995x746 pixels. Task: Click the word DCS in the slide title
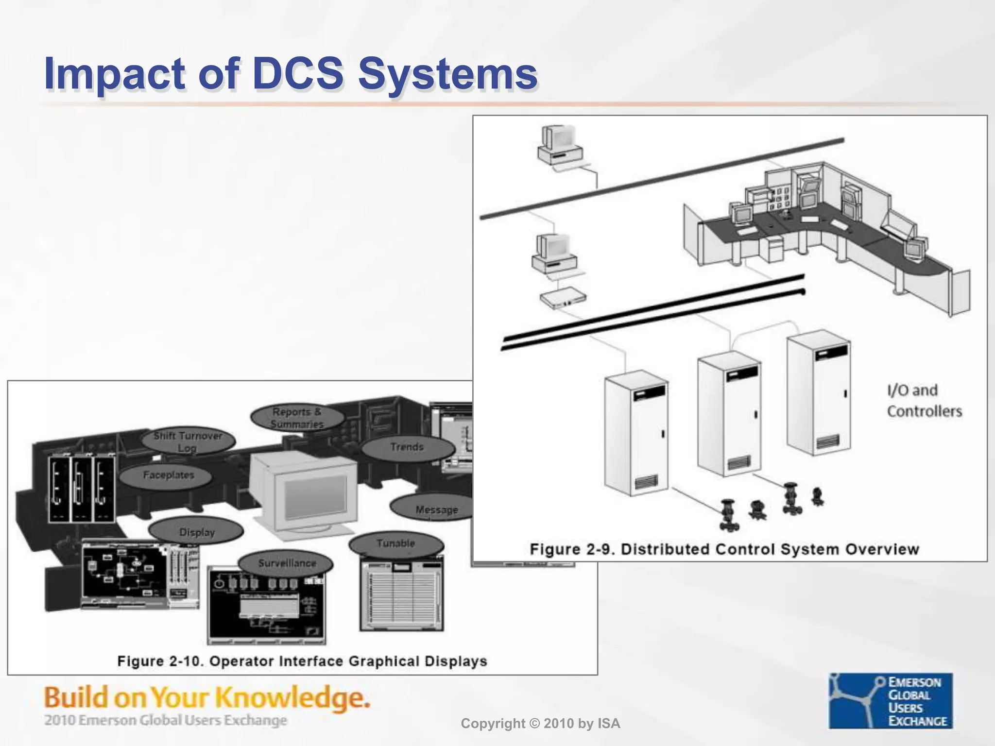pyautogui.click(x=298, y=74)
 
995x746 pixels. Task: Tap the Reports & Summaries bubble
pyautogui.click(x=297, y=418)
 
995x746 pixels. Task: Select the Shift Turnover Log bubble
pyautogui.click(x=188, y=441)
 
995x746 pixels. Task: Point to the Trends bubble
pyautogui.click(x=407, y=447)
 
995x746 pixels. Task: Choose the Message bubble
pyautogui.click(x=434, y=509)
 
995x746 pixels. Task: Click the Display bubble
pyautogui.click(x=196, y=532)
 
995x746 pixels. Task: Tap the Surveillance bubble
pyautogui.click(x=286, y=563)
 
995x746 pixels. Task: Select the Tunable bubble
pyautogui.click(x=395, y=544)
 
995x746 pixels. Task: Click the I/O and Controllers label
pyautogui.click(x=924, y=401)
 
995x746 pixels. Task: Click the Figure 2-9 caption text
pyautogui.click(x=724, y=549)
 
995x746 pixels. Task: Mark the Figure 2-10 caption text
pyautogui.click(x=302, y=661)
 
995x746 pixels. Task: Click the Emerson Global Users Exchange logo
pyautogui.click(x=891, y=701)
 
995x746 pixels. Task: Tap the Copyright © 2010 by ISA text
pyautogui.click(x=540, y=724)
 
